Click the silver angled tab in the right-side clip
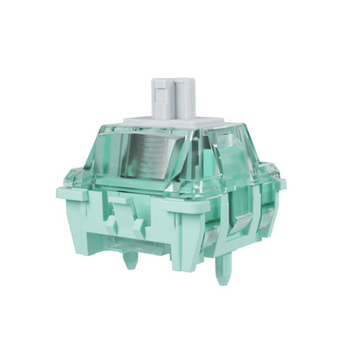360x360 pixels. (241, 224)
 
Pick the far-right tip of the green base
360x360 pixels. (283, 184)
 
